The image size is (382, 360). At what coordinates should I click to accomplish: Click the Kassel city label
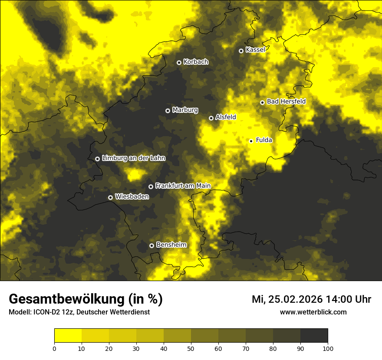[255, 50]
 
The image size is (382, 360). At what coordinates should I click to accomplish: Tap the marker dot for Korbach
[179, 62]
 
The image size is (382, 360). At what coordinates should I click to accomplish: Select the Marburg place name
[185, 110]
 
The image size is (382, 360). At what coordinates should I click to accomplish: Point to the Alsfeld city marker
[211, 118]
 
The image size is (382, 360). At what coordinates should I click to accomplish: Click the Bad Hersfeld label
[286, 101]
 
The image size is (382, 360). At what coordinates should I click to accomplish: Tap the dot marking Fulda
[251, 141]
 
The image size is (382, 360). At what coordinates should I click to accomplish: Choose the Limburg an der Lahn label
[134, 158]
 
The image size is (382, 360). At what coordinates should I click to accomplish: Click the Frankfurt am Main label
[183, 186]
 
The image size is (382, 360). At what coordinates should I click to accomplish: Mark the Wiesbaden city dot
[111, 197]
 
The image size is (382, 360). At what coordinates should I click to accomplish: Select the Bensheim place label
[171, 245]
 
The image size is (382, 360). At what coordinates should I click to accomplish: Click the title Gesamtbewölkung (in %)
[86, 299]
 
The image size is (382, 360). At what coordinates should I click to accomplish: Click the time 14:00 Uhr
[351, 299]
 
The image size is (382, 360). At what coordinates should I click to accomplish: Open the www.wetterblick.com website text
[313, 312]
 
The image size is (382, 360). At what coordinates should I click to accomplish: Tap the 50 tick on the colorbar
[191, 348]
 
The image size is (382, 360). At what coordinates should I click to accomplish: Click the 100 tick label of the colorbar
[328, 348]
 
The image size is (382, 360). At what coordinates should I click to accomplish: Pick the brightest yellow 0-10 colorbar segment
[68, 336]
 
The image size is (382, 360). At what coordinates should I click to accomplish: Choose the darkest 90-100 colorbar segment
[314, 336]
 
